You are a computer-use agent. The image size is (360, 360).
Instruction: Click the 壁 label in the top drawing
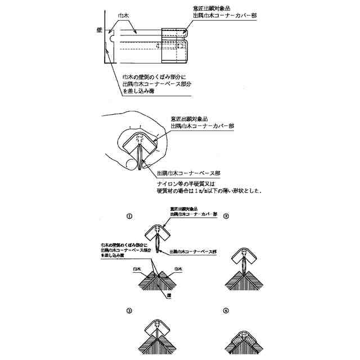click(99, 29)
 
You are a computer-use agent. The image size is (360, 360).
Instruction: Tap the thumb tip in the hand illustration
click(132, 164)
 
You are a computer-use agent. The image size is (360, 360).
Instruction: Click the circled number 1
click(130, 215)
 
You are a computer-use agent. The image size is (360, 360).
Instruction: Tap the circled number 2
click(226, 215)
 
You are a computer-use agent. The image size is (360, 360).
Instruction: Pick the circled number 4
click(226, 310)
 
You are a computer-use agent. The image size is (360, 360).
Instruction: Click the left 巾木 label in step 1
click(136, 268)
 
